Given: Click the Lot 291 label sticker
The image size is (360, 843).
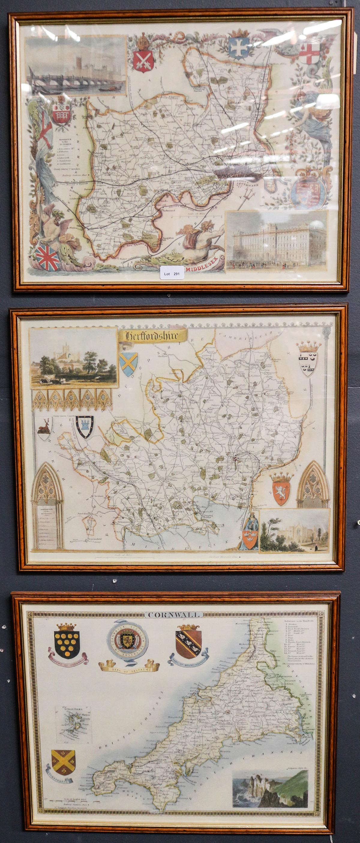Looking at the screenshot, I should click(x=172, y=274).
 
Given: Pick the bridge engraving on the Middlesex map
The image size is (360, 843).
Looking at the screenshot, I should click(x=76, y=65).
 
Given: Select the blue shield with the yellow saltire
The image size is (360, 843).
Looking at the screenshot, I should click(x=128, y=363).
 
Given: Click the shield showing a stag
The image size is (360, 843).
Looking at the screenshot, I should click(x=44, y=428).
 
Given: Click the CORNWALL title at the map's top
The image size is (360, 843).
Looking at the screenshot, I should click(x=173, y=615).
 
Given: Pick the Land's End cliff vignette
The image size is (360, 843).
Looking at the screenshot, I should click(x=270, y=789).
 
